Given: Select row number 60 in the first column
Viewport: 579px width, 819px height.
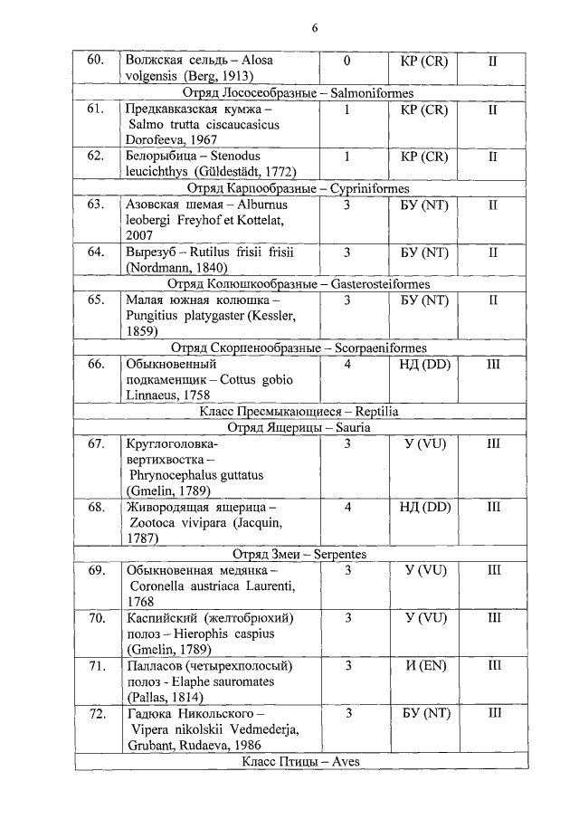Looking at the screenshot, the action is tap(96, 61).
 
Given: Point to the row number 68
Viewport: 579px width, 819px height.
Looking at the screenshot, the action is tap(96, 507).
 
